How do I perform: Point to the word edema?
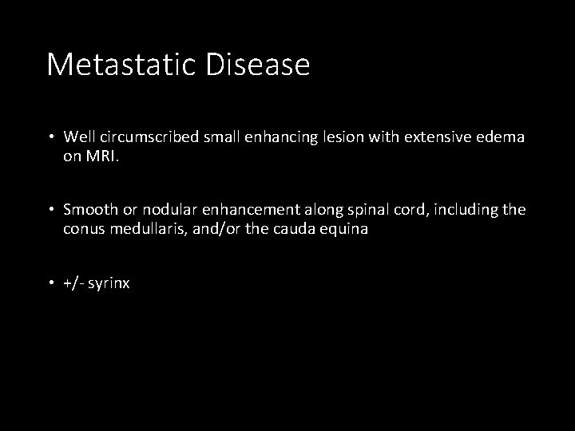503,137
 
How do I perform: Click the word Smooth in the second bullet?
90,210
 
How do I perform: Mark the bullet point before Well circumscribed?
51,137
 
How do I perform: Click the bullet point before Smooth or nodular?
51,210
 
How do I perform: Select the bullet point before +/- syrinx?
51,283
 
